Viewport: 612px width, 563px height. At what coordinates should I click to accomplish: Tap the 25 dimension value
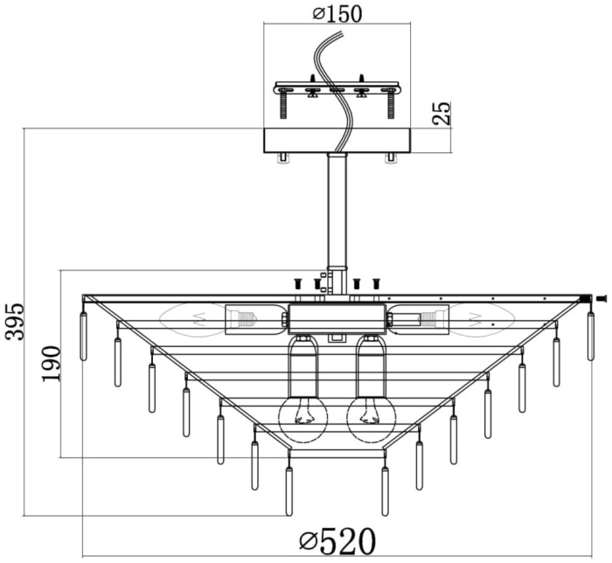pyautogui.click(x=442, y=113)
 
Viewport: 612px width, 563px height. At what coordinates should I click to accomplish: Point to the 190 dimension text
pyautogui.click(x=51, y=363)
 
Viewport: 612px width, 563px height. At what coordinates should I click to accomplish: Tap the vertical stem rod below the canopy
pyautogui.click(x=337, y=210)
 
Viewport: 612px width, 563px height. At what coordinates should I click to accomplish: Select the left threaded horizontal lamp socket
pyautogui.click(x=254, y=319)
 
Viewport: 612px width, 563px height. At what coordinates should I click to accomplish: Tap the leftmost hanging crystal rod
pyautogui.click(x=84, y=335)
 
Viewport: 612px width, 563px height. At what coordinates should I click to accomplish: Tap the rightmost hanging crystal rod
pyautogui.click(x=591, y=335)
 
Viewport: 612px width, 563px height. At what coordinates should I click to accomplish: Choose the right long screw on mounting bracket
pyautogui.click(x=391, y=104)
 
